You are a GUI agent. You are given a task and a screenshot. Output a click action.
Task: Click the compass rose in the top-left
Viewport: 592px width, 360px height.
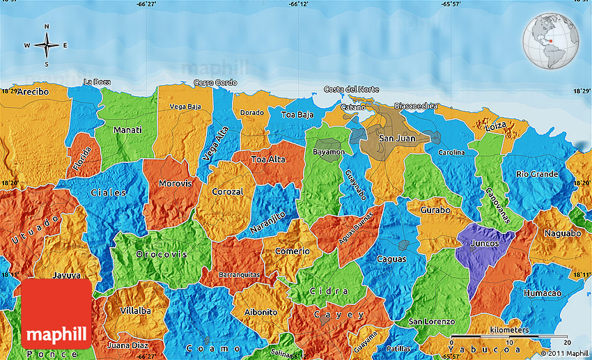click(x=47, y=45)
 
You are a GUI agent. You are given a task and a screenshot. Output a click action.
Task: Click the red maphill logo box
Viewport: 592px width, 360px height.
click(x=56, y=314)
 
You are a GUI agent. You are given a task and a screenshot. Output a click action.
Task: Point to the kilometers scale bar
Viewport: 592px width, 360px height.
click(x=511, y=338)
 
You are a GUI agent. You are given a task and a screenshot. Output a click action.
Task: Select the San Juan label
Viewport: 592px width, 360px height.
click(x=396, y=139)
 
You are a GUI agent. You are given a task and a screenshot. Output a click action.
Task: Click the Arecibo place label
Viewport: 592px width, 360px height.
click(x=33, y=91)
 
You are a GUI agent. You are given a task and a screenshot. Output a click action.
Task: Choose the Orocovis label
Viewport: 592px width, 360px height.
click(x=162, y=254)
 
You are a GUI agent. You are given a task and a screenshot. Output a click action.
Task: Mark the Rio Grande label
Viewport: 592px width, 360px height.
click(x=535, y=174)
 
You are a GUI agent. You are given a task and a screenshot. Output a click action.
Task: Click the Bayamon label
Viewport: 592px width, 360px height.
click(x=329, y=152)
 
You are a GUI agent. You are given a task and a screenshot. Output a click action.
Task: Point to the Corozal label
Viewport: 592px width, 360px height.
click(x=228, y=191)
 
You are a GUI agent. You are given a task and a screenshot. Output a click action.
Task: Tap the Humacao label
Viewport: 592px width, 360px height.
click(x=543, y=293)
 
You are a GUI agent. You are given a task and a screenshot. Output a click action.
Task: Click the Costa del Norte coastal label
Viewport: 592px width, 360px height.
click(x=351, y=89)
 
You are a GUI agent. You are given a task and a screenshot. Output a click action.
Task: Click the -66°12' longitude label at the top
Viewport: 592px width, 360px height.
click(x=298, y=4)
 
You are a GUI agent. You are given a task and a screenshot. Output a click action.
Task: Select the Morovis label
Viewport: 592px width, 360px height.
click(x=170, y=184)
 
